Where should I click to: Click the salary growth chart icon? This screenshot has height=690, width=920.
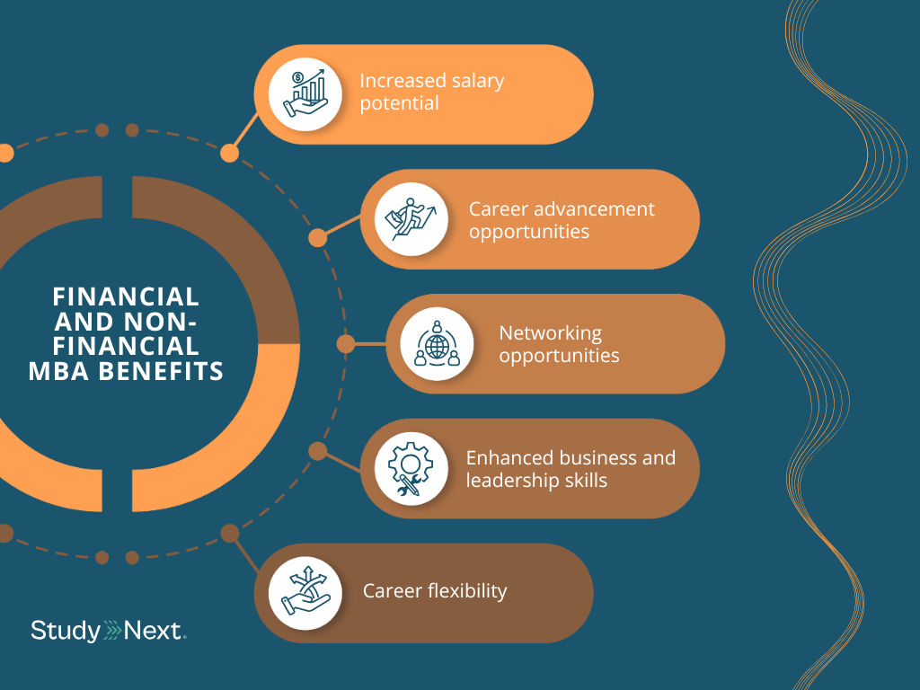point(306,94)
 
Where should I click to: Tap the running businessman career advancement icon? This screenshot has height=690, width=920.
point(411,219)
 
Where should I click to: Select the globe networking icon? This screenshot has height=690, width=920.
point(437,343)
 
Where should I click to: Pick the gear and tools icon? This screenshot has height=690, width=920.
point(411,468)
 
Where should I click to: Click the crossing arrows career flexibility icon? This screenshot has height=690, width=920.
point(305,593)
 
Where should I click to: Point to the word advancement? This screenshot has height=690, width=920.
point(595,209)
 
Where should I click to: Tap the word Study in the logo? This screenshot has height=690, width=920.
point(65,631)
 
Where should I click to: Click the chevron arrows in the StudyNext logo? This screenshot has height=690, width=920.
point(115,631)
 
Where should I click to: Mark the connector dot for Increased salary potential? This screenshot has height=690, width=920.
point(229,153)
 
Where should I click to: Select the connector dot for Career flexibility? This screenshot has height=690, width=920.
point(229,534)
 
